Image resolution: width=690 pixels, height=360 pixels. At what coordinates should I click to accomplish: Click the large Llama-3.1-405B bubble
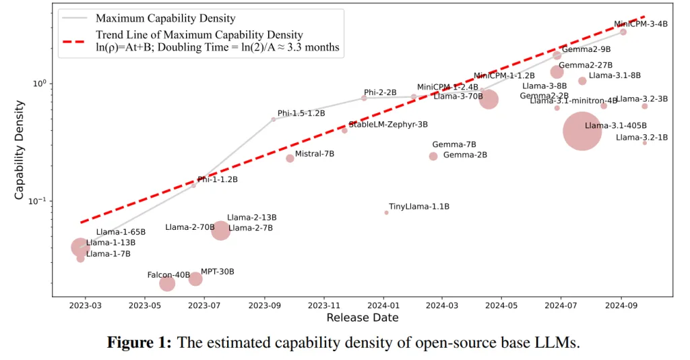[x=582, y=131]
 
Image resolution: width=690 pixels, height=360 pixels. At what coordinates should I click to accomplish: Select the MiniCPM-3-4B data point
[x=623, y=32]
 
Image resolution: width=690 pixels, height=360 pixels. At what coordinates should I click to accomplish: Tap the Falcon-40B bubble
[x=167, y=284]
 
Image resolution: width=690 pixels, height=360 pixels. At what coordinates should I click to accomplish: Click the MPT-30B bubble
[x=195, y=279]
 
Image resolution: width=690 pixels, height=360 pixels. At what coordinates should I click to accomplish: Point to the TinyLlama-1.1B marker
[x=386, y=212]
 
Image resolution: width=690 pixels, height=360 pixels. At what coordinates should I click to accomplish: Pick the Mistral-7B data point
[x=290, y=158]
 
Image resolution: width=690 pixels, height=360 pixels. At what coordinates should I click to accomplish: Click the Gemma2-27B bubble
[x=557, y=72]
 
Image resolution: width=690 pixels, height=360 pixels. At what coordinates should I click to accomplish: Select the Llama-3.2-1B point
[x=645, y=143]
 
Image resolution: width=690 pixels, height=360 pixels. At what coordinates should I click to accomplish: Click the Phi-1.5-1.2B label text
[x=301, y=113]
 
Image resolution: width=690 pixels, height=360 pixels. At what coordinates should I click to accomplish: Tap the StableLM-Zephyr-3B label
[x=388, y=125]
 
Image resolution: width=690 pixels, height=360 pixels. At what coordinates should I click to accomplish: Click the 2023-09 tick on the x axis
[x=264, y=305]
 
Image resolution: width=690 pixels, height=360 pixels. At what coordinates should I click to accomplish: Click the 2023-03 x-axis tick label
[x=86, y=305]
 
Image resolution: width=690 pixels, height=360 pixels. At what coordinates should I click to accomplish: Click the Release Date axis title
[x=363, y=318]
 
